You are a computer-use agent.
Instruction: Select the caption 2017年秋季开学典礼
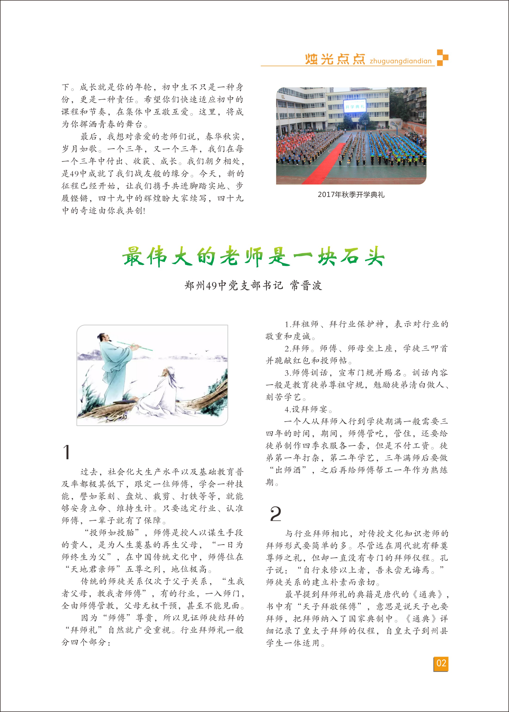pos(351,194)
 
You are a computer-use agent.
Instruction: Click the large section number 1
pos(66,452)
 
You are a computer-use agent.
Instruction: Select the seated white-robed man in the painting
pos(163,392)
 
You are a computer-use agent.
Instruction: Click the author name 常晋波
pos(306,285)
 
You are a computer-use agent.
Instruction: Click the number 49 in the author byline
pos(211,286)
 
